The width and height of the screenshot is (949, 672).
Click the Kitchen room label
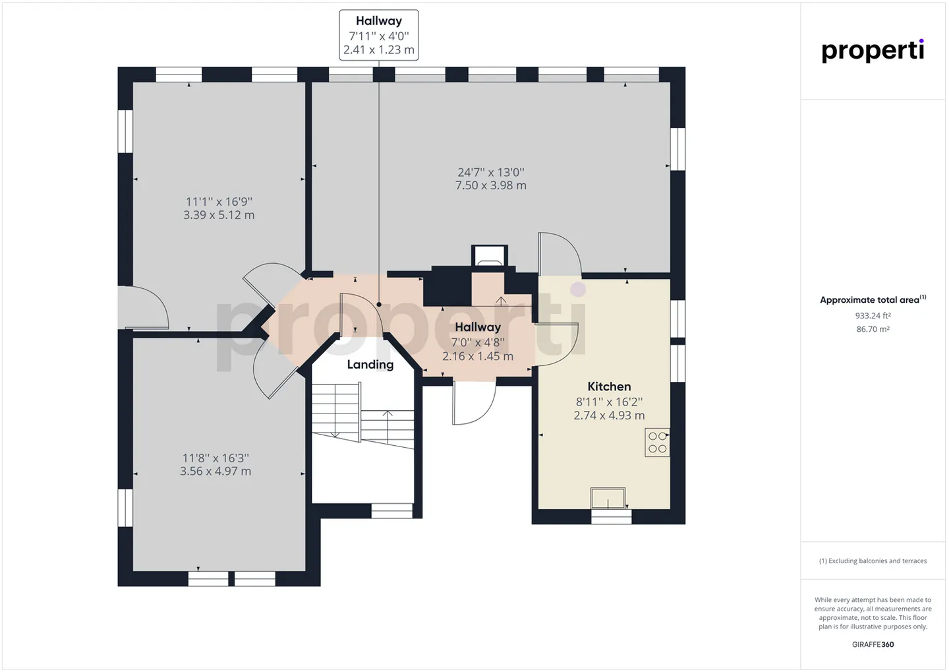pos(609,386)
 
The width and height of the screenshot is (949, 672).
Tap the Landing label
pos(370,365)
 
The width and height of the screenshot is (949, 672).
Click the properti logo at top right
pos(873,51)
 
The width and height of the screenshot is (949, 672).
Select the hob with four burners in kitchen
pos(657,443)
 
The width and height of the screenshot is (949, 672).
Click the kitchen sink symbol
pos(608,498)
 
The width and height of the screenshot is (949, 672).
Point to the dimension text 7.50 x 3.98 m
pos(490,185)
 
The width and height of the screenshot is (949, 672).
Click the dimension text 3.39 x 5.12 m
pos(219,215)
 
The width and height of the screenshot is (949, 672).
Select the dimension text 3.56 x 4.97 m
pos(216,471)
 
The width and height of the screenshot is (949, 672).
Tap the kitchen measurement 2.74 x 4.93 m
pos(609,415)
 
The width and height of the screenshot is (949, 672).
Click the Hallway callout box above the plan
pos(379,35)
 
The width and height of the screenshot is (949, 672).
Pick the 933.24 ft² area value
pos(873,315)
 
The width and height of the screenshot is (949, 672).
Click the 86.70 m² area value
pos(873,329)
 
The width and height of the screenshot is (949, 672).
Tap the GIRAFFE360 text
pos(873,644)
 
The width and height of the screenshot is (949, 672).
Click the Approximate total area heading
pos(873,300)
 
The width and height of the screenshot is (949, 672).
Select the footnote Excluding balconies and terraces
pos(873,561)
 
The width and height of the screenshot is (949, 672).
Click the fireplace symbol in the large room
pos(489,256)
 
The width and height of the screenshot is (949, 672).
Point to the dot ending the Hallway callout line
pos(379,305)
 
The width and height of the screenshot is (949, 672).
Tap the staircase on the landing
pos(363,415)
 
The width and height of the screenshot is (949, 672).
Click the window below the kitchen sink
pos(611,517)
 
